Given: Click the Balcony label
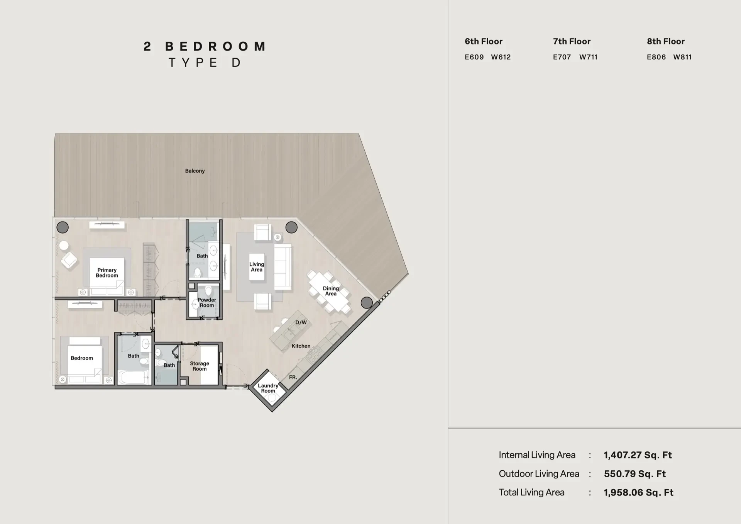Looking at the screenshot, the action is point(195,171).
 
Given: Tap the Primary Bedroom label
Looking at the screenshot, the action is point(107,273).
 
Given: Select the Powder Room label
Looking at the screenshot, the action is point(207,302).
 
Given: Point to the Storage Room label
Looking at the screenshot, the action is point(200,366).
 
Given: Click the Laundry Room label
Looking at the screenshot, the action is point(268,388).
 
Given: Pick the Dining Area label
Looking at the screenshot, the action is point(331,291).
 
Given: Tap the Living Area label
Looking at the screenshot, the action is point(257,267).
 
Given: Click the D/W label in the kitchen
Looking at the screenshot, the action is point(301,322).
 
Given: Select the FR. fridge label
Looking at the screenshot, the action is point(293,377).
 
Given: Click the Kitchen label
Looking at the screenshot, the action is point(301,346).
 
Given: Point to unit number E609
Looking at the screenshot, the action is point(474,57).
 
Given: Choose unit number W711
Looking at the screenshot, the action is point(588,57).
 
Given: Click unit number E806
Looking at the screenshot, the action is point(656,57).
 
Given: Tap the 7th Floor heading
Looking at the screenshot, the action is point(572,41).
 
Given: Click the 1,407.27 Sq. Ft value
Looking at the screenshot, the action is point(638,455).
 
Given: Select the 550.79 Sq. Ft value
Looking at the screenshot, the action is point(635,474).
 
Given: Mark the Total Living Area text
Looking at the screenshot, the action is point(531,492).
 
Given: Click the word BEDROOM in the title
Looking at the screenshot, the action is point(215,46).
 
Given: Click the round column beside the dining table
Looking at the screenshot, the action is point(367,302).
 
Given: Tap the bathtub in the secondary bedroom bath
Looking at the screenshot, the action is point(134,377).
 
